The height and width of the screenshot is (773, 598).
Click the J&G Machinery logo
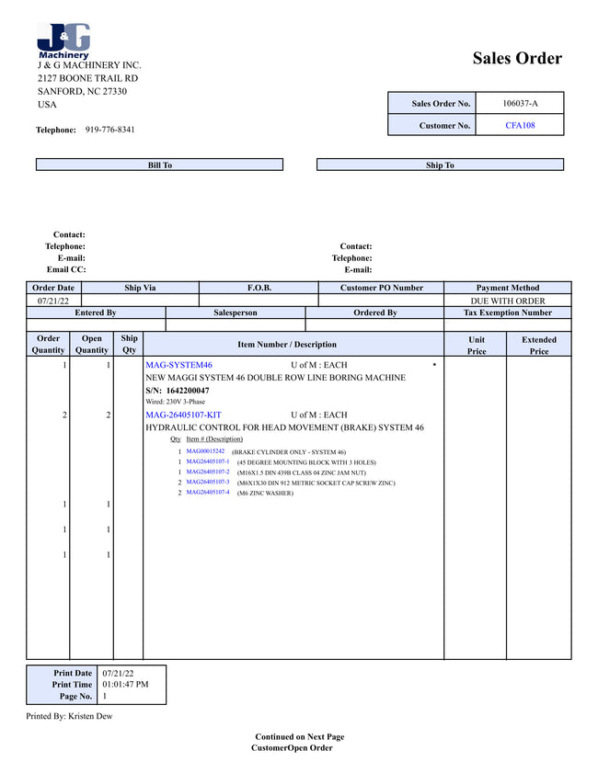click(x=63, y=41)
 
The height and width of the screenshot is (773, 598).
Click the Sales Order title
click(x=517, y=59)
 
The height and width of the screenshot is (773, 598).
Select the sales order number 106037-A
click(x=520, y=103)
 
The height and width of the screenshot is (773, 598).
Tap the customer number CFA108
click(x=520, y=125)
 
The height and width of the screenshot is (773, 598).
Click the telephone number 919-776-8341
click(x=109, y=130)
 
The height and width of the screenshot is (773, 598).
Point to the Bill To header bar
click(x=159, y=165)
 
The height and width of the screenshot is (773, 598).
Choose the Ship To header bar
click(x=440, y=165)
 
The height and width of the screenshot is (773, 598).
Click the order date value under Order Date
click(x=53, y=301)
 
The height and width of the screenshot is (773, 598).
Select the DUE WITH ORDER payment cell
click(x=507, y=301)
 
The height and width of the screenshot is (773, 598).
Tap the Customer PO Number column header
click(x=381, y=288)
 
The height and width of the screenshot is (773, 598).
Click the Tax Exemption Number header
click(x=507, y=313)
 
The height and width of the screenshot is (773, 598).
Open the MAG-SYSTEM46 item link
click(x=178, y=365)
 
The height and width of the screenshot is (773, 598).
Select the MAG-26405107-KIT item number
click(x=183, y=415)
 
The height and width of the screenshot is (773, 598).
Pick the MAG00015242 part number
click(x=205, y=451)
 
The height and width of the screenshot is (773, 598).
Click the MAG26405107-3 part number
click(x=208, y=482)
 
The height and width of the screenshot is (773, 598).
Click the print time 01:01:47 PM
click(x=125, y=685)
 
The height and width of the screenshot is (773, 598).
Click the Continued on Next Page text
click(x=299, y=736)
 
